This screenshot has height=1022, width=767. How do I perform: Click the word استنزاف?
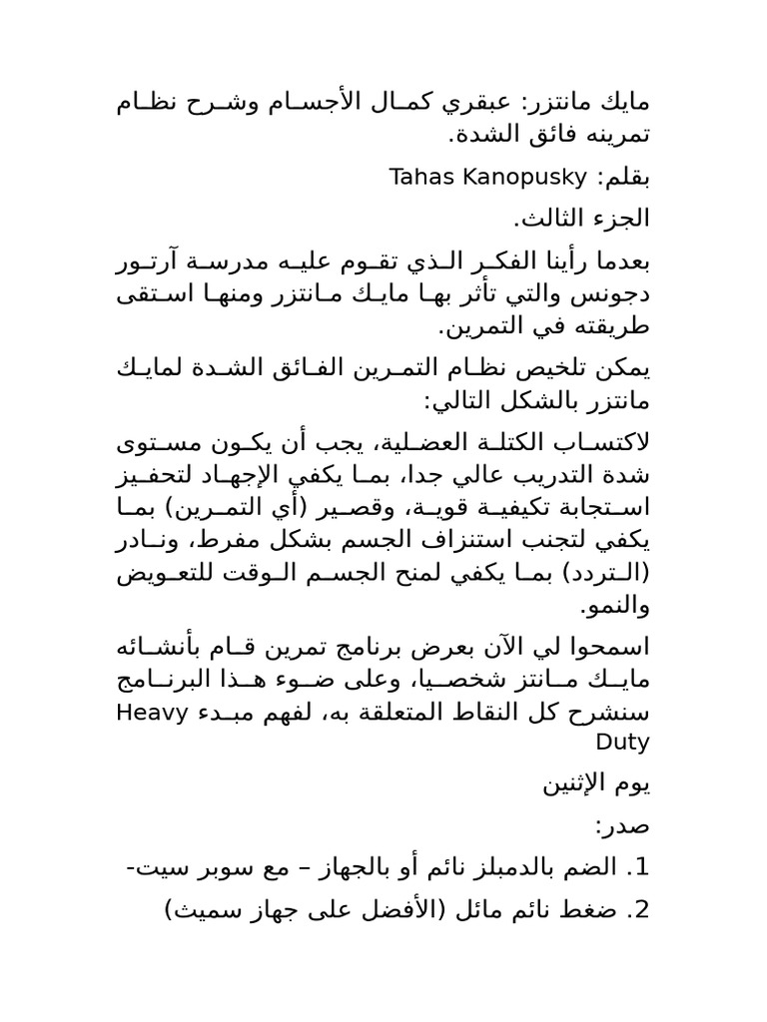tap(398, 544)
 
